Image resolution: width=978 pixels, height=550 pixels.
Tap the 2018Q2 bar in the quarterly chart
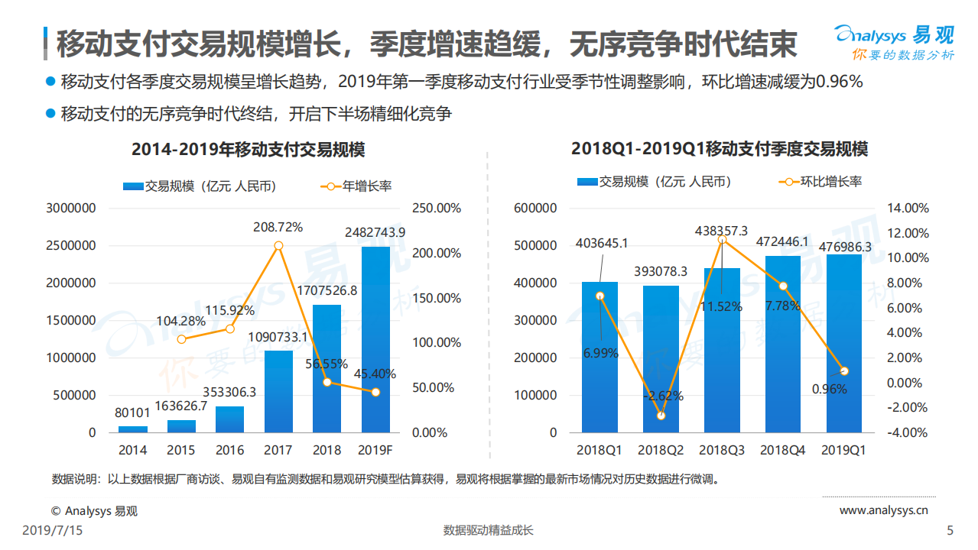661,359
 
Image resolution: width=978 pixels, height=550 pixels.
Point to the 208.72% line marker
278,245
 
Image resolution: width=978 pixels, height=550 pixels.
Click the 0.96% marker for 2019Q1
844,371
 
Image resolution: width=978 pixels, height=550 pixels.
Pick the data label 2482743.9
375,232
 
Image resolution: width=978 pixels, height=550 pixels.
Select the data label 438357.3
721,230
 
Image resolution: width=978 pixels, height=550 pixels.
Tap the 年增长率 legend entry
356,186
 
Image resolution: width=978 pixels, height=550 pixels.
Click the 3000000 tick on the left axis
70,208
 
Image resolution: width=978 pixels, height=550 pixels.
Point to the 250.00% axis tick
436,208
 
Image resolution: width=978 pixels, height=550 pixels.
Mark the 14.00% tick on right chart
907,208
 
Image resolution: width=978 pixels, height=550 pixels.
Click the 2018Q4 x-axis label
783,451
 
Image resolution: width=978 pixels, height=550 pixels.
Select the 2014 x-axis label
132,451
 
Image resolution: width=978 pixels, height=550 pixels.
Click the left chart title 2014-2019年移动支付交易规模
248,149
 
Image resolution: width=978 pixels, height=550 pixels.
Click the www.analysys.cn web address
883,510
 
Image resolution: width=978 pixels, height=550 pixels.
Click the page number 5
950,530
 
